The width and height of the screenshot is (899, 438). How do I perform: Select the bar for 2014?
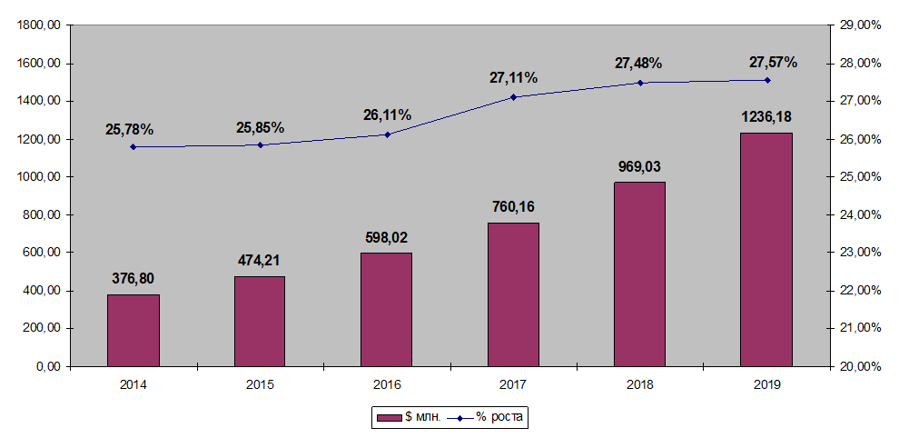click(x=133, y=330)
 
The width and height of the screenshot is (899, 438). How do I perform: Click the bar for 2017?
click(x=513, y=294)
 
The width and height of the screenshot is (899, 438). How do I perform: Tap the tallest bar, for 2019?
click(x=766, y=249)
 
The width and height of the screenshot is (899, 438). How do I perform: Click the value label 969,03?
click(x=639, y=167)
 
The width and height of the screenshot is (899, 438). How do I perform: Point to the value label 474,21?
click(x=259, y=262)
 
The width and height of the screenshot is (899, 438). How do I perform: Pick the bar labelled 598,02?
click(x=386, y=309)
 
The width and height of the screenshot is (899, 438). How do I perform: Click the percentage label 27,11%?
click(x=513, y=78)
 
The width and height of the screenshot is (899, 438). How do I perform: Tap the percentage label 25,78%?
click(x=129, y=130)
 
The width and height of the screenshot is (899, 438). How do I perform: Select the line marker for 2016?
click(x=387, y=134)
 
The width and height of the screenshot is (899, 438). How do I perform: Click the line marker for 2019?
click(x=767, y=80)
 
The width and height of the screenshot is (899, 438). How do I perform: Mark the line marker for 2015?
click(x=260, y=144)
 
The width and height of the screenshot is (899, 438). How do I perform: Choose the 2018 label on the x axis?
click(x=639, y=384)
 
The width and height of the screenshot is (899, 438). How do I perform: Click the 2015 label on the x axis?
click(x=260, y=384)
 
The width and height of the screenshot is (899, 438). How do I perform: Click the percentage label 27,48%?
click(x=638, y=64)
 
